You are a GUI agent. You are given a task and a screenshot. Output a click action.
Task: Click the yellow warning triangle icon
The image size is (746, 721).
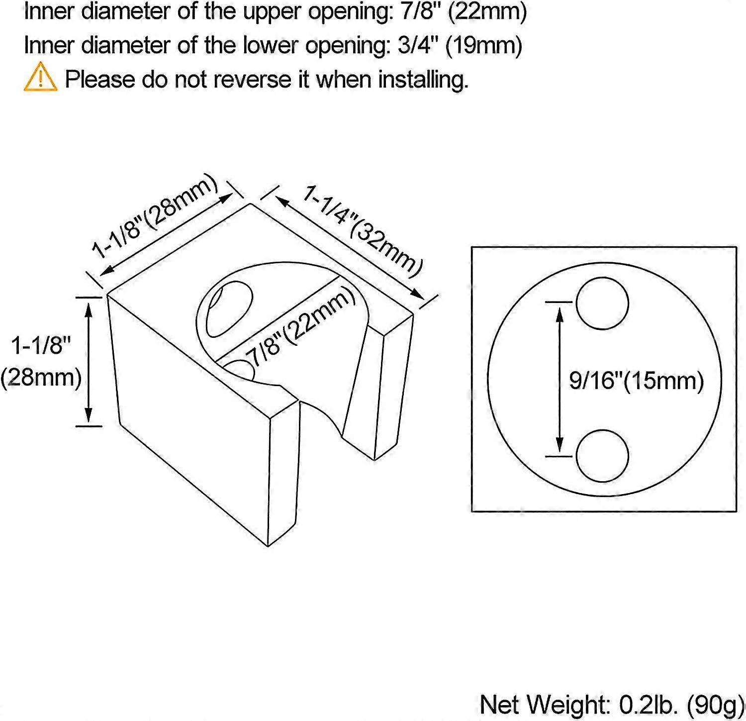(x=40, y=77)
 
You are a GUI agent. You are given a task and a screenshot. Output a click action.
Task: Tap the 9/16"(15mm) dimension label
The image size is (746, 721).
(x=637, y=381)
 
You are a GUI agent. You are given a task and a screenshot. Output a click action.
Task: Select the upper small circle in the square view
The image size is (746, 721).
(x=602, y=304)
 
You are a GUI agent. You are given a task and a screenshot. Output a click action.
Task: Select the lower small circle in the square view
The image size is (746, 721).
(x=602, y=456)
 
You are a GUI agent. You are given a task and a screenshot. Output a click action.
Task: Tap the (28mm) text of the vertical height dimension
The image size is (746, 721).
(x=41, y=378)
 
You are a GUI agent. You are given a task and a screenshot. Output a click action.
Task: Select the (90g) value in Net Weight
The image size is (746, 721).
(x=715, y=705)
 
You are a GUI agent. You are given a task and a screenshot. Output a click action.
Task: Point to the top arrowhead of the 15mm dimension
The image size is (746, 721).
(x=560, y=314)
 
